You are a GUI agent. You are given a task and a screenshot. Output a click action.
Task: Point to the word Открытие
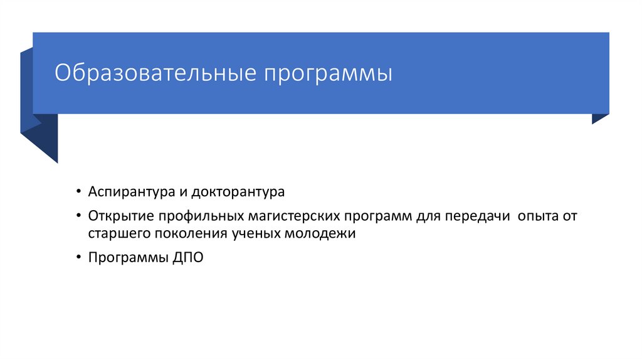tap(121, 216)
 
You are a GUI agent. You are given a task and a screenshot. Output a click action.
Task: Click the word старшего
tap(117, 234)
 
